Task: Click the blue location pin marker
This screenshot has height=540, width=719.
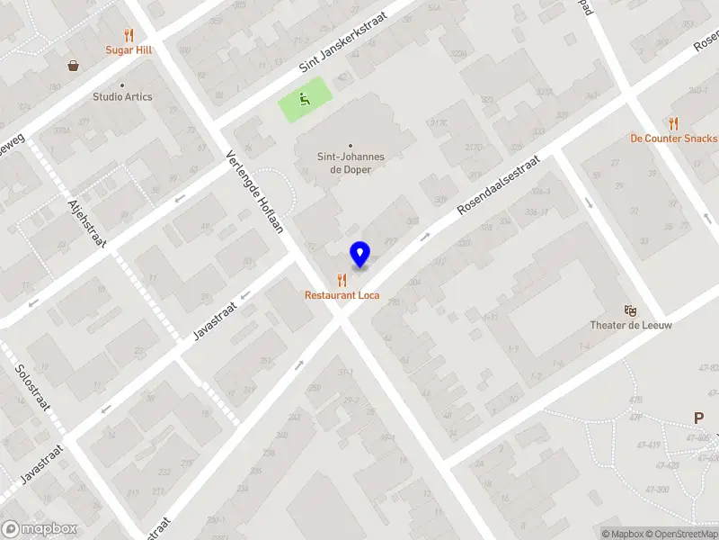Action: (x=360, y=254)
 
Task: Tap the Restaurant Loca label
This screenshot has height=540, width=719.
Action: (x=342, y=295)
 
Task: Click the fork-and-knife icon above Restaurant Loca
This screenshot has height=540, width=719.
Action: (x=342, y=280)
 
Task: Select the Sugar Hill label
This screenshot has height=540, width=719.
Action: (x=129, y=50)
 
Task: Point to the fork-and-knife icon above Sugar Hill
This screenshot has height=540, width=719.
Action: (x=129, y=35)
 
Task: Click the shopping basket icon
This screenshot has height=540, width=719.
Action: (x=73, y=65)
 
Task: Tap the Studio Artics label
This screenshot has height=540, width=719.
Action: (x=123, y=96)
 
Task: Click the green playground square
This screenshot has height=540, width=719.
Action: (x=305, y=101)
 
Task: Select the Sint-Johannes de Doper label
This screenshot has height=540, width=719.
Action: (x=351, y=162)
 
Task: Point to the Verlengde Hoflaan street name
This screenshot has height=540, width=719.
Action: (x=254, y=190)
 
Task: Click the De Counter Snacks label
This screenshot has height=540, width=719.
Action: (x=673, y=139)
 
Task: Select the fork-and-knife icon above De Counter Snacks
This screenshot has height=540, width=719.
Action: (x=672, y=123)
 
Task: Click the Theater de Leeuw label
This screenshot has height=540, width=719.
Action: (x=631, y=325)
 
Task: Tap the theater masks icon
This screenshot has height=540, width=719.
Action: (x=631, y=309)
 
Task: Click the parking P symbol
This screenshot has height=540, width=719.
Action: (x=698, y=418)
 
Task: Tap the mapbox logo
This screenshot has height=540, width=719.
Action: (x=39, y=529)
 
